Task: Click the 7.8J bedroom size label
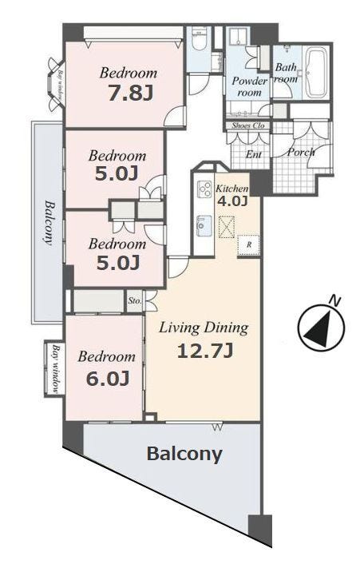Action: point(130,93)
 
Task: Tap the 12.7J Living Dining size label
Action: point(205,351)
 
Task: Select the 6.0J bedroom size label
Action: point(108,379)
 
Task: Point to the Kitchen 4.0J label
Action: point(231,195)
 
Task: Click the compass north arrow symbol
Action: point(321,327)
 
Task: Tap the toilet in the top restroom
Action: point(198,40)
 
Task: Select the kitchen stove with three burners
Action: point(205,189)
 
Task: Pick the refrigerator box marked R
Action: point(248,245)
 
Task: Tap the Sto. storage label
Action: point(134,300)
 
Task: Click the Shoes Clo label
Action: point(248,125)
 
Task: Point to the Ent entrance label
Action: point(254,155)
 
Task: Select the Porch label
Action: point(301,152)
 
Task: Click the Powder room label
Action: point(249,86)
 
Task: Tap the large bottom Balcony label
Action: point(184,454)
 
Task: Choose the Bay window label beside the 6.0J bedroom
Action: point(56,369)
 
